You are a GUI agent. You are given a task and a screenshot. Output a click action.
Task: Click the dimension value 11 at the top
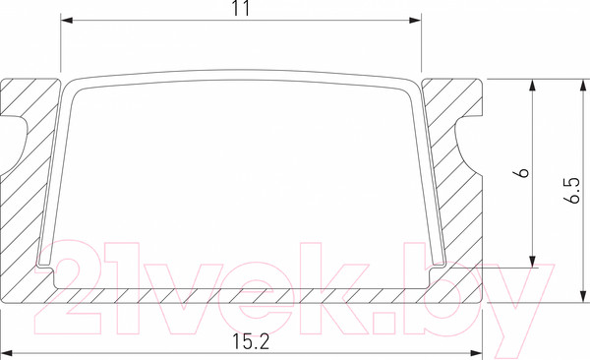click(x=241, y=8)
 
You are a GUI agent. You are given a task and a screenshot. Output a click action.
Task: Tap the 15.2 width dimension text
click(x=251, y=342)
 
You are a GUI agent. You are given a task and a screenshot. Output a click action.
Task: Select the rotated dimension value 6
click(x=523, y=173)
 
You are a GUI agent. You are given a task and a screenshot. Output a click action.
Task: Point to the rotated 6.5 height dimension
click(x=572, y=190)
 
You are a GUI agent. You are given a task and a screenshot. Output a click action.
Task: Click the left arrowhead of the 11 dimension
click(x=67, y=20)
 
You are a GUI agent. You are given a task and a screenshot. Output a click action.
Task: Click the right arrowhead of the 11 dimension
click(x=415, y=20)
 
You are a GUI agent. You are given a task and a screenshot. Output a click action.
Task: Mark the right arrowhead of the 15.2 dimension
click(x=476, y=353)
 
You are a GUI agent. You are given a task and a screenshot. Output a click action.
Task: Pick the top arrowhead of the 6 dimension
click(x=532, y=86)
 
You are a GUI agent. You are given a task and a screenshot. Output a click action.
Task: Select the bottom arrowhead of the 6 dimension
click(x=532, y=262)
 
